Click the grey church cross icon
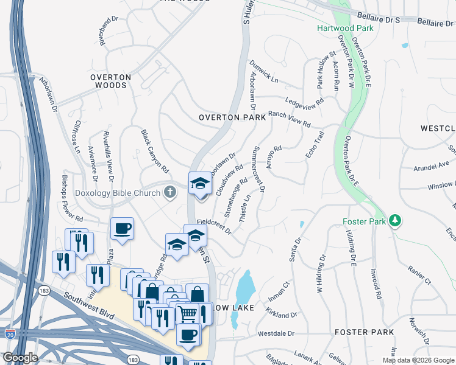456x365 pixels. [x=170, y=193]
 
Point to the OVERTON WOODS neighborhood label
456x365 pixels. [x=110, y=82]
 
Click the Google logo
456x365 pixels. [x=20, y=358]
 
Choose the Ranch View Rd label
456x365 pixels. [x=290, y=119]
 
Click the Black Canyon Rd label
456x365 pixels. [x=154, y=150]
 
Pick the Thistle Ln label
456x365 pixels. [x=245, y=209]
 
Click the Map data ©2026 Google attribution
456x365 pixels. [x=418, y=360]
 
